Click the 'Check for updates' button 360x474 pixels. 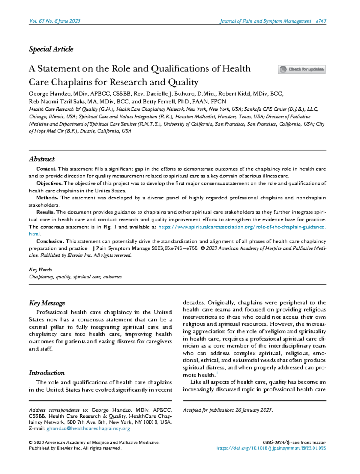click(x=301, y=69)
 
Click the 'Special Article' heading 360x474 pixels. click(x=51, y=49)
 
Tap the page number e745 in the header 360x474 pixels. click(x=321, y=21)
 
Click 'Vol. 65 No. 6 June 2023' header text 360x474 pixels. click(x=55, y=21)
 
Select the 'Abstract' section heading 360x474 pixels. click(x=42, y=159)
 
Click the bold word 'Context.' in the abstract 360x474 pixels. click(x=46, y=169)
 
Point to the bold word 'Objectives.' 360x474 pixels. click(x=49, y=183)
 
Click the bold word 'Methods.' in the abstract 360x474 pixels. click(x=47, y=198)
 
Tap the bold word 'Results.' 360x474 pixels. click(x=46, y=212)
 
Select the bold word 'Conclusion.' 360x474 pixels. click(x=50, y=241)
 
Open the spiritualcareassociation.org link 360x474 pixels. click(x=241, y=227)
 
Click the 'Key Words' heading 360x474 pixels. click(x=40, y=270)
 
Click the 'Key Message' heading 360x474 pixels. click(x=47, y=303)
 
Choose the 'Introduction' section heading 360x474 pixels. click(x=46, y=373)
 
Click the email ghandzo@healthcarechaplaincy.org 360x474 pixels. click(x=88, y=429)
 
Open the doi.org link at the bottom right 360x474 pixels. click(x=271, y=449)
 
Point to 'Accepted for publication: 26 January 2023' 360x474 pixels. click(x=228, y=410)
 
